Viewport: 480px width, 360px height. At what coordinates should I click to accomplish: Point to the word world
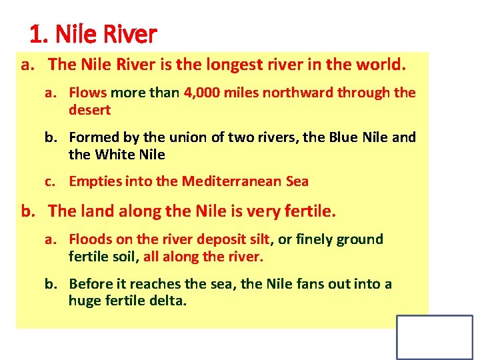[x=381, y=65]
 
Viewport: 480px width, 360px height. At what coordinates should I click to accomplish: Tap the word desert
[x=89, y=109]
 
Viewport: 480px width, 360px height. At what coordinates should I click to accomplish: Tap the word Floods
[x=91, y=239]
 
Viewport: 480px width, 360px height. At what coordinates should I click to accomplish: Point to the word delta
[x=170, y=301]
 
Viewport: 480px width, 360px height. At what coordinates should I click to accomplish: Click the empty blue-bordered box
[x=434, y=337]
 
